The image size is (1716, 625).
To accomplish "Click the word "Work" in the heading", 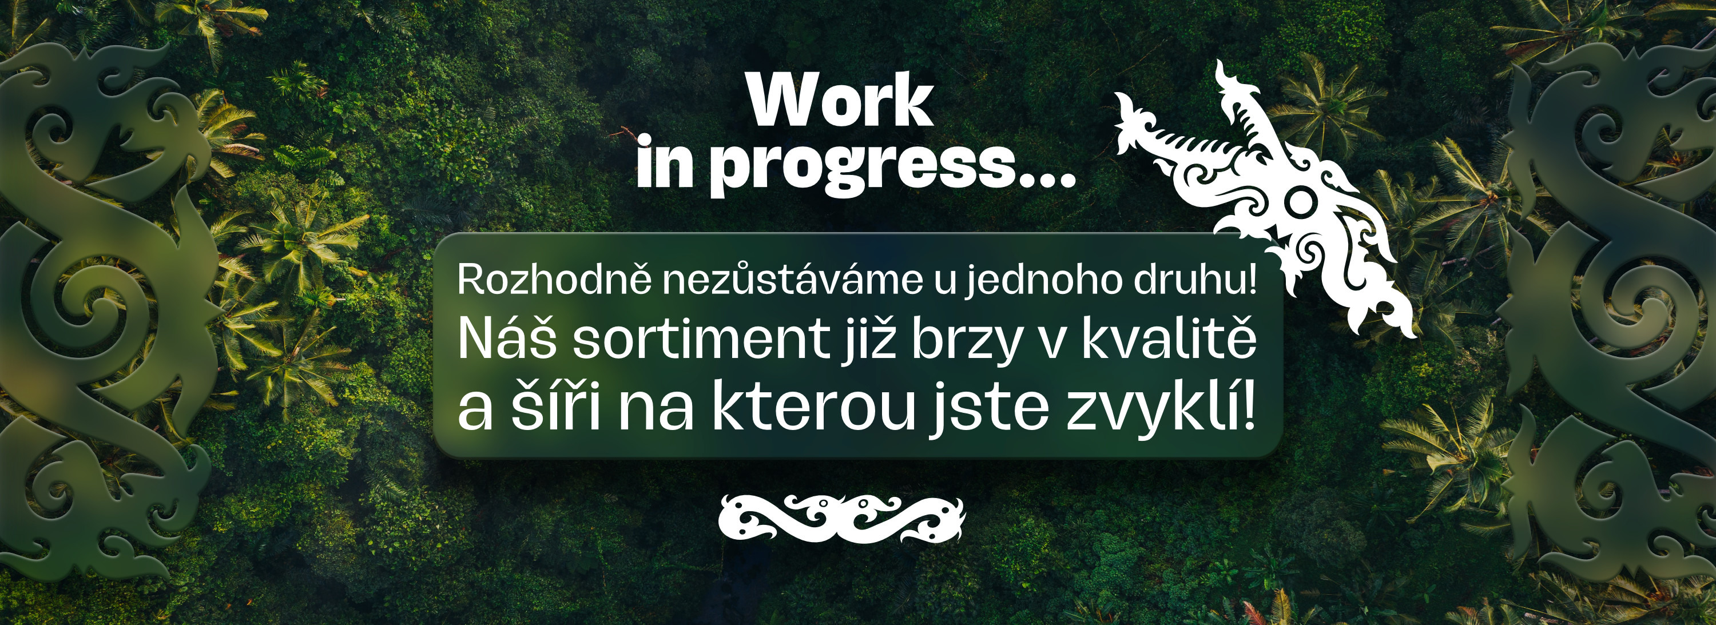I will tap(840, 101).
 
